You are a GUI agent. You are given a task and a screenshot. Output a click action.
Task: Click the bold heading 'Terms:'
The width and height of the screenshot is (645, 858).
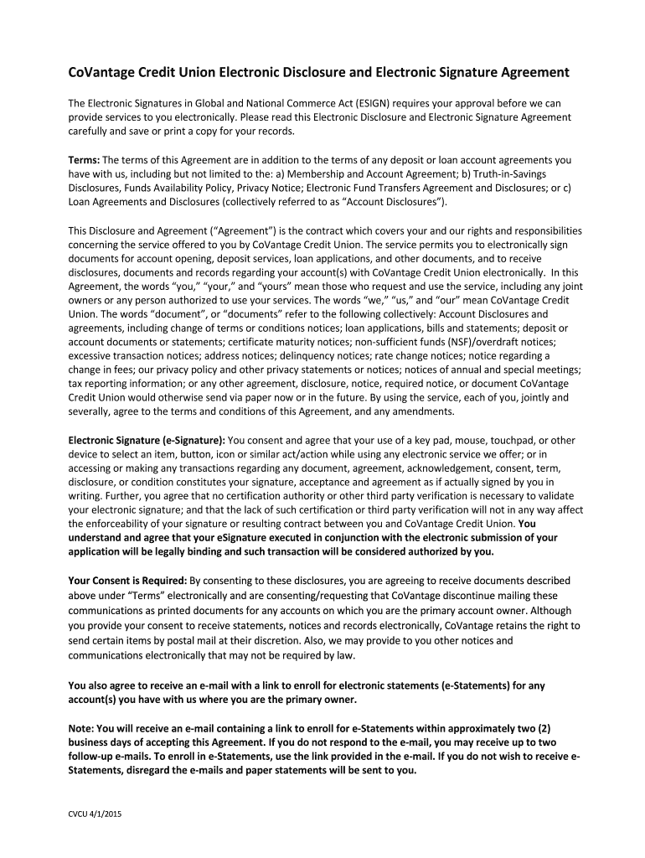pyautogui.click(x=84, y=159)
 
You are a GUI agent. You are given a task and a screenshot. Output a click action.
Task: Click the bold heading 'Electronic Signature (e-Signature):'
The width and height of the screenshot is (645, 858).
pyautogui.click(x=147, y=441)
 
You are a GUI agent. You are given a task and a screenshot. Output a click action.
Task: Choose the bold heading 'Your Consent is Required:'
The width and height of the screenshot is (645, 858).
pyautogui.click(x=127, y=581)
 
